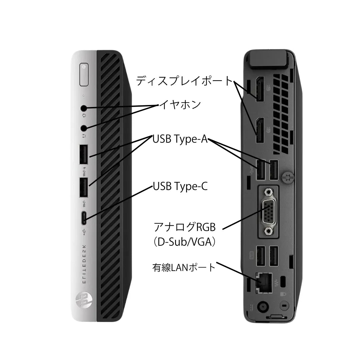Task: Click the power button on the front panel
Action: tap(84, 75)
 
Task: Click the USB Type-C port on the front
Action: tap(84, 218)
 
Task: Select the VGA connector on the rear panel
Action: tap(269, 212)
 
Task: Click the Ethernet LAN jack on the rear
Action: tap(264, 283)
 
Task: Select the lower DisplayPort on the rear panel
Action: tap(260, 130)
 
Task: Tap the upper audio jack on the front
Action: tap(84, 108)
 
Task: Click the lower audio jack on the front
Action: tap(84, 128)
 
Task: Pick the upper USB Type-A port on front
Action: tap(84, 154)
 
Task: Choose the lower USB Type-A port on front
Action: tap(84, 187)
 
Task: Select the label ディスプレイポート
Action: tap(184, 81)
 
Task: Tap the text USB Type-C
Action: tap(180, 186)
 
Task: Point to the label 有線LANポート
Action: tap(184, 267)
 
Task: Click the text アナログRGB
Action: tap(184, 227)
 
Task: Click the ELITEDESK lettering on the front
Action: tap(84, 264)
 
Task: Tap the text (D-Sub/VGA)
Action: tap(184, 242)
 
